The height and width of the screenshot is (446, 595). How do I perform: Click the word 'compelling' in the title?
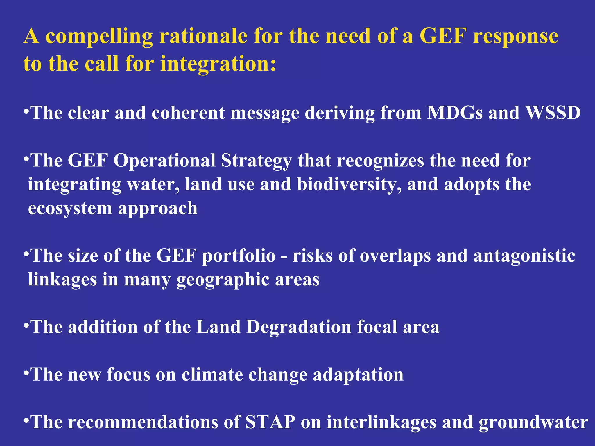tap(99, 37)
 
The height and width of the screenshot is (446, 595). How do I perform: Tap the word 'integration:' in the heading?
tap(218, 64)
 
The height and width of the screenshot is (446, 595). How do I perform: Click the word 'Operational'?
tap(164, 160)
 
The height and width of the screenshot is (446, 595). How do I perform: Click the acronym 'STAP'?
tap(270, 422)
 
